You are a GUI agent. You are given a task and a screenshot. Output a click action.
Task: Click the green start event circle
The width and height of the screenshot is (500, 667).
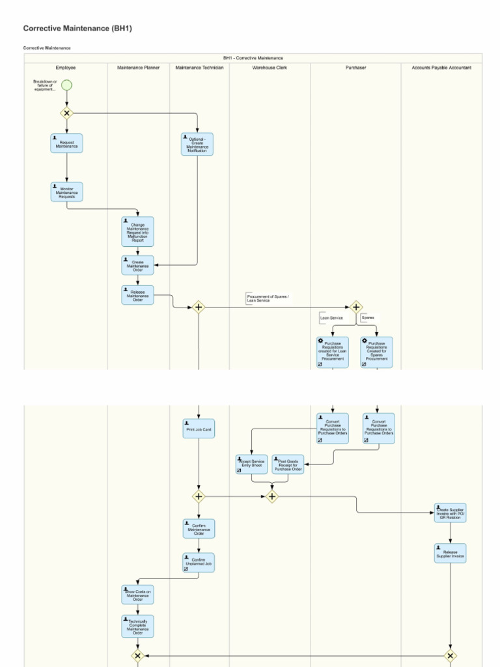(66, 85)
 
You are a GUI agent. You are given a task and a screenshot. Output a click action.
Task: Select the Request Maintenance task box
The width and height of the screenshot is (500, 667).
(66, 143)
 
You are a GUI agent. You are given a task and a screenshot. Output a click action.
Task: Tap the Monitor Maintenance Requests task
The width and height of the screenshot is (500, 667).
(66, 192)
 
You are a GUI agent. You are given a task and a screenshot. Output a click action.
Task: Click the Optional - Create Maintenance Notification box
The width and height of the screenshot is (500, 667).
(197, 144)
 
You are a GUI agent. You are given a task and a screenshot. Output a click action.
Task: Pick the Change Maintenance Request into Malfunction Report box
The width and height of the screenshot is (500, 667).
(137, 232)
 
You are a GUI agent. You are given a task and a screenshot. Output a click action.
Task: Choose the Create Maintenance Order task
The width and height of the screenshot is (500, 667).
(137, 265)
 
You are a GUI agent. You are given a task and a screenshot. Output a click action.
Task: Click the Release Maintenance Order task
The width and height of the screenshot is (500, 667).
(137, 296)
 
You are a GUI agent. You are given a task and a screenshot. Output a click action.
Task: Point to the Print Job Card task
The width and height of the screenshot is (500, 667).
(199, 429)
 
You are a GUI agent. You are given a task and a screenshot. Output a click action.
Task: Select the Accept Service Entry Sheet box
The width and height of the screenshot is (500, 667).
(252, 464)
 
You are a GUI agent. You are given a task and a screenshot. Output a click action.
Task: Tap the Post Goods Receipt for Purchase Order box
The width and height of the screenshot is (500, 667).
(288, 464)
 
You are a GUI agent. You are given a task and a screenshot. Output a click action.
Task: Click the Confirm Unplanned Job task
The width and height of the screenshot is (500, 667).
(199, 562)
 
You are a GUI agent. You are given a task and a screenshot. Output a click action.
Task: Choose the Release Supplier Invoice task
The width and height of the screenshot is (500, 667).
(450, 553)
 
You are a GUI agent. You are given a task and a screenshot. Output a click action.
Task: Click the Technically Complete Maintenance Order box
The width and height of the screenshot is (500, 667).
(137, 626)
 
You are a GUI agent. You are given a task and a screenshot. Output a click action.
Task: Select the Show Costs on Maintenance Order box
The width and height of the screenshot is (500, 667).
(137, 595)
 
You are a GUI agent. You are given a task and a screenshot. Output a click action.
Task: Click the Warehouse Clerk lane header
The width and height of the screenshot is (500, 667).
(270, 67)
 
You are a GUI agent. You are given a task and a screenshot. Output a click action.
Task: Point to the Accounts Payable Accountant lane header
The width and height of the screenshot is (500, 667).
(441, 67)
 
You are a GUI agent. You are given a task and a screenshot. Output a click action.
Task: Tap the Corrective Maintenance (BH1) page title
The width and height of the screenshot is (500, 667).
(77, 29)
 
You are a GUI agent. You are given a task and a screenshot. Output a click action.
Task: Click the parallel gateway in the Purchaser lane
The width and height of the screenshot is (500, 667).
(355, 307)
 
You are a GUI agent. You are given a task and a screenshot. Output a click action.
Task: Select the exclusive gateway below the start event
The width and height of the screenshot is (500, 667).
(66, 113)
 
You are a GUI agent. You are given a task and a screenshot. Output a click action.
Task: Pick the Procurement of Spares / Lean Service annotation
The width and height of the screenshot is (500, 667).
(268, 298)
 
